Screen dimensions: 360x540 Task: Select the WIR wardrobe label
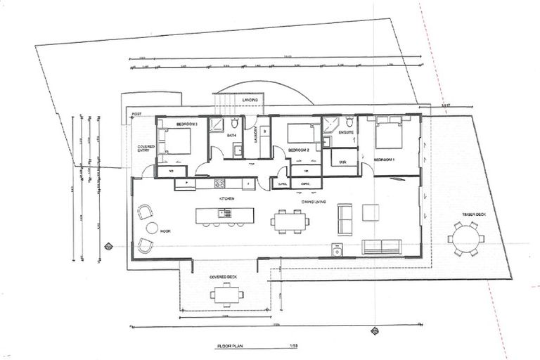[x=342, y=162]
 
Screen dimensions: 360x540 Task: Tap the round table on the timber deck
[x=465, y=238]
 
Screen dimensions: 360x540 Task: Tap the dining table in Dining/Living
[x=290, y=221]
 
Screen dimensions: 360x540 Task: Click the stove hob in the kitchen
[x=219, y=184]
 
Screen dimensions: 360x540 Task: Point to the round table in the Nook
[x=152, y=228]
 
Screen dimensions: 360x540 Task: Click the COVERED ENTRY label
[x=146, y=149]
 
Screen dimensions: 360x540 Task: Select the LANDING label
[x=250, y=101]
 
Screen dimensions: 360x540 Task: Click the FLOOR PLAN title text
[x=230, y=347]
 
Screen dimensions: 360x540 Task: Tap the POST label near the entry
[x=136, y=114]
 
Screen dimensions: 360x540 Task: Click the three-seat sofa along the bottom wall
[x=381, y=246]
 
